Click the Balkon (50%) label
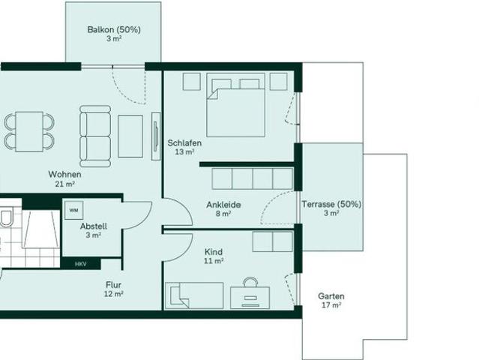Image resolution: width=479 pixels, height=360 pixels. coord(114,30)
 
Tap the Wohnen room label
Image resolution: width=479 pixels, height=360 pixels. coord(65,174)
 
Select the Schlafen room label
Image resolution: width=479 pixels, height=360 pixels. coord(184,142)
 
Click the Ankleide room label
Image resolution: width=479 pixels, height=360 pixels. coord(223,204)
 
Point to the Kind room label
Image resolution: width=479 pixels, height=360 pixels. coord(214,253)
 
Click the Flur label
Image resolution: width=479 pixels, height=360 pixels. coord(114,285)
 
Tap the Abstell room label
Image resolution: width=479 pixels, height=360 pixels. coord(94,226)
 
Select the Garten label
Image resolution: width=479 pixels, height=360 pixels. coord(331,296)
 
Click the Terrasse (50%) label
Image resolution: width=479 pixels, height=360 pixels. coord(331,204)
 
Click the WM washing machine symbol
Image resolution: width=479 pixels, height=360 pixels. coord(73,210)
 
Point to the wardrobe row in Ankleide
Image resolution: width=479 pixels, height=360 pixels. coord(253,178)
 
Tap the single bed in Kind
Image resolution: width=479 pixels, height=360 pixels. coord(195,295)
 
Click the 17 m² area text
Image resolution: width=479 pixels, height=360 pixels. coord(331,305)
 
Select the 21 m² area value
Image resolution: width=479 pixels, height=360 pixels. coord(65,184)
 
